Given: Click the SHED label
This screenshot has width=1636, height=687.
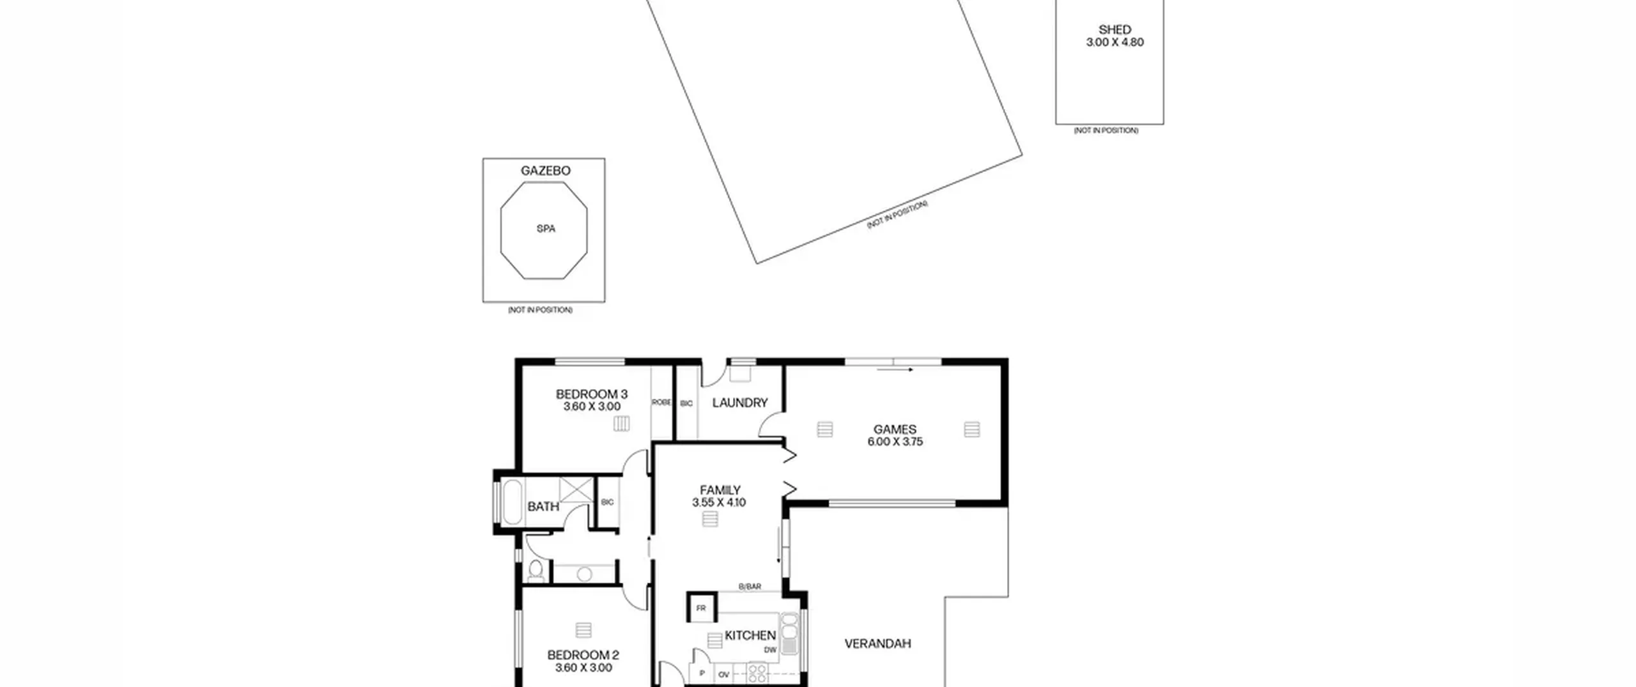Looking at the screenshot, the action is [x=1115, y=29].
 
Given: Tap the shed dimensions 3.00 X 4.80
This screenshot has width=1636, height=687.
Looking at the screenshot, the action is [x=1115, y=42].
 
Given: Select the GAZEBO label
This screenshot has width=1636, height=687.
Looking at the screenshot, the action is [x=545, y=171].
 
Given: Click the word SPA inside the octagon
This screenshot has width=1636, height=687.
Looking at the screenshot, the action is [x=546, y=229].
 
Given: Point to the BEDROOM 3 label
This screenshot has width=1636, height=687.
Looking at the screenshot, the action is [x=592, y=394].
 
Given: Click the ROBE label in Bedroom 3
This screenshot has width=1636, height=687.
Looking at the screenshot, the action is [x=661, y=403].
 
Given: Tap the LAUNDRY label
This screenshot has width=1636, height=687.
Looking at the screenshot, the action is [x=739, y=403].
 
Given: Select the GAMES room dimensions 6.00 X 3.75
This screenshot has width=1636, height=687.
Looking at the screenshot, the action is [x=895, y=442].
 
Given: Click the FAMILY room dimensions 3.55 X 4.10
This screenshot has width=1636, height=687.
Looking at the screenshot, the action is [x=719, y=502].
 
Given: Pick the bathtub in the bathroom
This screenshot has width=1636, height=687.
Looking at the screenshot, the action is [x=513, y=502].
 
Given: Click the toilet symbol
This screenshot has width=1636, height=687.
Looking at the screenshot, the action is [x=536, y=571].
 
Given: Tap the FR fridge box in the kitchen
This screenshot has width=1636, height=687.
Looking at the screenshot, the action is [x=701, y=608].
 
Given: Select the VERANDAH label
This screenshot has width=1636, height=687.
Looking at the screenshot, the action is [x=877, y=644].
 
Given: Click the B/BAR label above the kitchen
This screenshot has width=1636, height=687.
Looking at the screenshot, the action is [x=750, y=587].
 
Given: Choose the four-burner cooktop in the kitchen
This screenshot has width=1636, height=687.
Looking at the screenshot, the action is [x=757, y=672].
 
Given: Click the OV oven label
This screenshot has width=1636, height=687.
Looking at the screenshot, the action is [x=723, y=674].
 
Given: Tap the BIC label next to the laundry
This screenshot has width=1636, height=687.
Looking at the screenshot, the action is [x=686, y=404].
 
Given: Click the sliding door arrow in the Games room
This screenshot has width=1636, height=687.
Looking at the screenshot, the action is [x=895, y=369].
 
